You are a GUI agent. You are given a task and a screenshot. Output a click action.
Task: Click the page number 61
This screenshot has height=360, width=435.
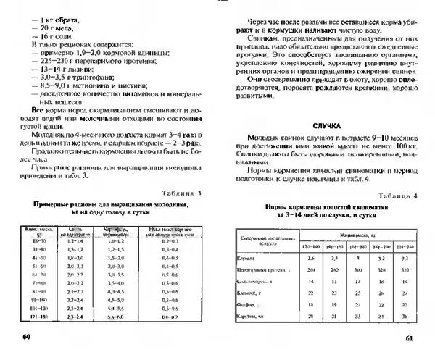409,338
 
